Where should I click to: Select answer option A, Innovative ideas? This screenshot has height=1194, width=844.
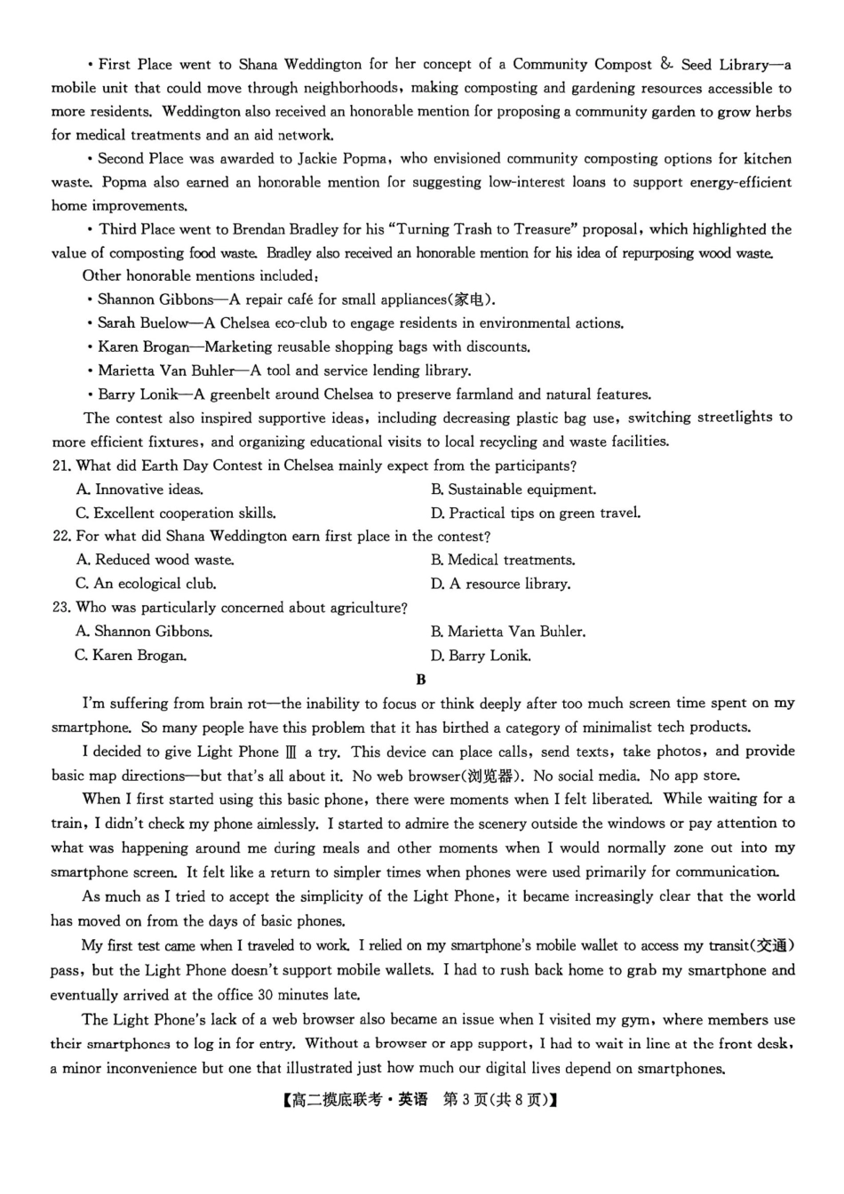coord(139,490)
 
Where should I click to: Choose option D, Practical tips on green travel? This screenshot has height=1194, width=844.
coord(535,513)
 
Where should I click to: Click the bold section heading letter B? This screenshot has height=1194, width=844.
coord(421,680)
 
